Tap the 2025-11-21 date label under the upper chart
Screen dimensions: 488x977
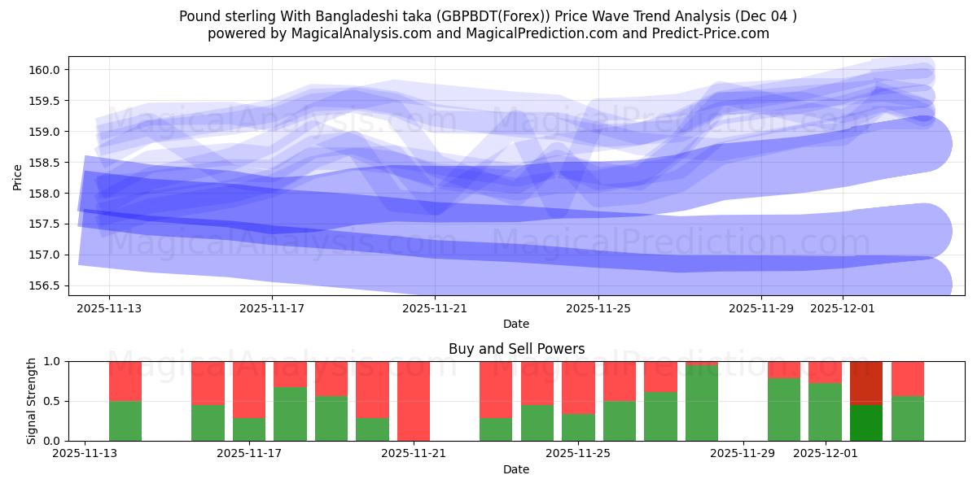(x=435, y=308)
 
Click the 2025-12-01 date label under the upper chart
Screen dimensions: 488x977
(x=843, y=308)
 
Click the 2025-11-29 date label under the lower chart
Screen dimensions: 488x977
(x=744, y=453)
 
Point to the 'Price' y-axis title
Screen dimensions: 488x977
(x=18, y=176)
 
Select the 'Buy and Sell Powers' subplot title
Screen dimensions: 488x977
(x=516, y=349)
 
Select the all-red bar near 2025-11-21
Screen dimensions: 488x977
(x=414, y=401)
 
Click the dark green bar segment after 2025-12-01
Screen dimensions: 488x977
(x=866, y=423)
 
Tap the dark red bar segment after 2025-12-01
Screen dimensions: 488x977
(x=866, y=382)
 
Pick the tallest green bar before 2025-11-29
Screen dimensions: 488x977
(x=702, y=403)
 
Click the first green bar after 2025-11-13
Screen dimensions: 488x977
(x=125, y=421)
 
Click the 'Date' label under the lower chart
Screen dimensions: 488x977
(x=516, y=469)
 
